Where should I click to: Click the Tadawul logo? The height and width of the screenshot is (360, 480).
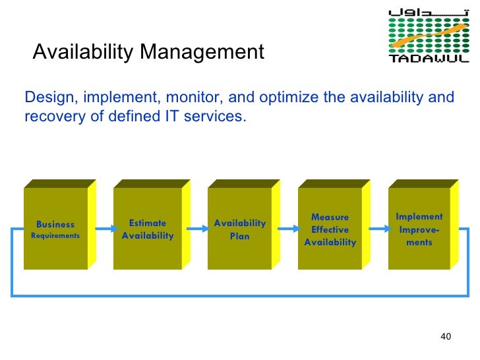click(x=429, y=36)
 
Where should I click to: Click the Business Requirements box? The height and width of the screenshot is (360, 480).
click(x=55, y=229)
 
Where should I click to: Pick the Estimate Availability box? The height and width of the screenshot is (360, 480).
click(x=148, y=229)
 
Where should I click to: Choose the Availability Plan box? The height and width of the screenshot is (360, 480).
click(x=239, y=229)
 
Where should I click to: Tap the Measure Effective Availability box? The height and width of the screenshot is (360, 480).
click(x=330, y=229)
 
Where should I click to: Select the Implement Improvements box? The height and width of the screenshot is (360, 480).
click(x=419, y=229)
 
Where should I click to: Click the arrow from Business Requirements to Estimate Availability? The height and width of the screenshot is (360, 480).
click(x=102, y=229)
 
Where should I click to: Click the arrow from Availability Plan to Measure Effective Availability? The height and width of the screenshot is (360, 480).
click(x=287, y=229)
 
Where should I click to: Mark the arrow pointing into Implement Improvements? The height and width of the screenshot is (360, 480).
click(x=378, y=229)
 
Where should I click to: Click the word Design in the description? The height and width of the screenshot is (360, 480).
click(x=47, y=98)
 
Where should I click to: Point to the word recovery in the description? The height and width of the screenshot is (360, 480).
click(x=49, y=117)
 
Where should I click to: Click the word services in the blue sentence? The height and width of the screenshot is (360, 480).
click(x=222, y=117)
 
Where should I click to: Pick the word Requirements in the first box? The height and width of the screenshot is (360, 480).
click(x=55, y=235)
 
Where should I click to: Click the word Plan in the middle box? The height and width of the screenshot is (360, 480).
click(x=239, y=235)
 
